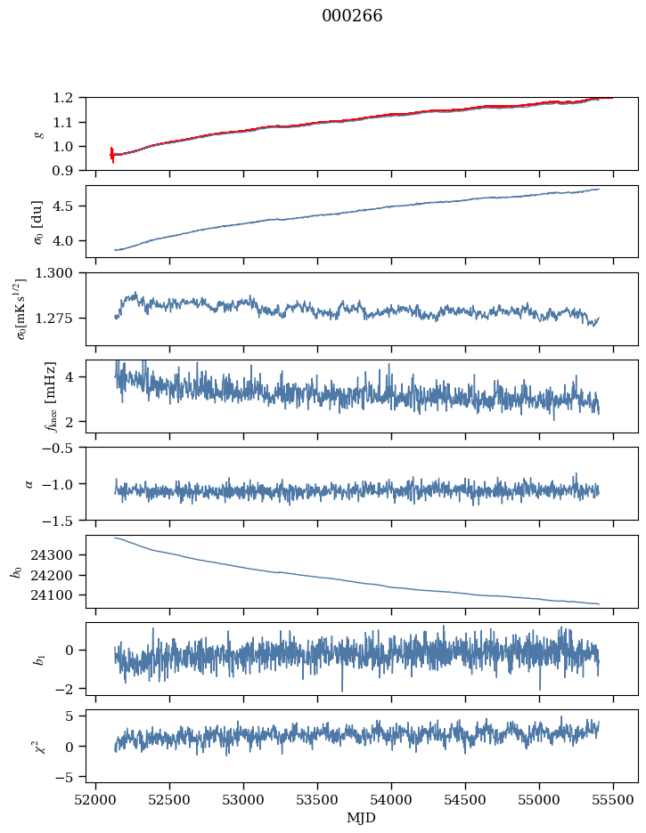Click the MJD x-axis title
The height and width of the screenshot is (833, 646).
point(362,818)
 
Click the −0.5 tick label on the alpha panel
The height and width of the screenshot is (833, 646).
point(62,448)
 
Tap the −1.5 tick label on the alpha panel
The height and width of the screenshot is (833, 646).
point(62,520)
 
